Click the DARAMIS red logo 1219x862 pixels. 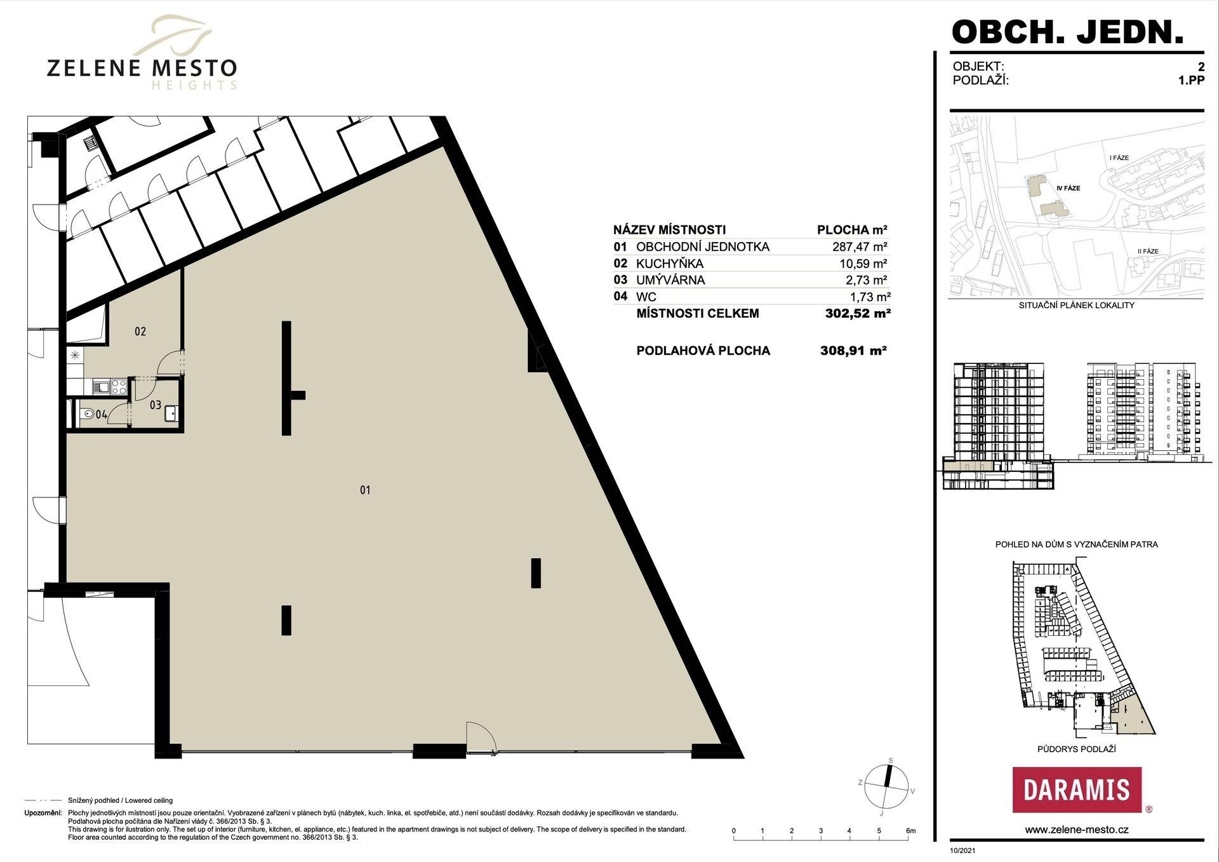[1077, 790]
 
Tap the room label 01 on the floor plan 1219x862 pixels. [365, 490]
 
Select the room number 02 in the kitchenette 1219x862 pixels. [140, 332]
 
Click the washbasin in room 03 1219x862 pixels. [171, 414]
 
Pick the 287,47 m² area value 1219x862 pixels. [860, 247]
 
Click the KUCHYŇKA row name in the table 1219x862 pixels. [670, 264]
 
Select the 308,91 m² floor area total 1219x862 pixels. [853, 350]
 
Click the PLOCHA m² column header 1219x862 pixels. [852, 230]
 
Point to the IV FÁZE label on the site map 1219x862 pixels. [1069, 188]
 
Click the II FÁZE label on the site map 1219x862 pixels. [1148, 251]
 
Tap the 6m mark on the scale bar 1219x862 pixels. [911, 831]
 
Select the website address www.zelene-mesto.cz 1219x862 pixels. [1077, 830]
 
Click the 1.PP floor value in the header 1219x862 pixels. [1191, 81]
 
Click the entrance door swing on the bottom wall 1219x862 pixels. [481, 737]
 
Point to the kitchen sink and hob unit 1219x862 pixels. [110, 386]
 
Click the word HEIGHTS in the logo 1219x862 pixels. [194, 85]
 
